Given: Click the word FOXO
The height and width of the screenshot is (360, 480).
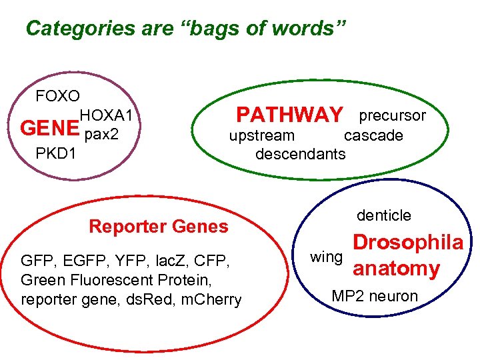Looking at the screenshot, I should pos(57,96).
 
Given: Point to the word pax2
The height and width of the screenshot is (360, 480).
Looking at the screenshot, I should pos(102,135).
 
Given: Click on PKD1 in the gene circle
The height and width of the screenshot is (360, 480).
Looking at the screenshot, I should pos(55,154).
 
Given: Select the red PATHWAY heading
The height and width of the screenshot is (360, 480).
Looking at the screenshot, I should pos(290,115).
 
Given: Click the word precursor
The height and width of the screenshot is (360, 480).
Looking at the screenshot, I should pos(392,115).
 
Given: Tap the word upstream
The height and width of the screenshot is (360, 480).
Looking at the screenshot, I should pos(261,136).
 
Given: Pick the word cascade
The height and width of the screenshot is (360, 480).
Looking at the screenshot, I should pos(373,136).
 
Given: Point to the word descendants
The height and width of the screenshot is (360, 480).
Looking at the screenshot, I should pos(301,154).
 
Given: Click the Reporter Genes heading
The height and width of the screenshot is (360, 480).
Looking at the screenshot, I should pos(158,227).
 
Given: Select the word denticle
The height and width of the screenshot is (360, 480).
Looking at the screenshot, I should pos(384,215).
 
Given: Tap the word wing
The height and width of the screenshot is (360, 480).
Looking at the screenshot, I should pos(326,257).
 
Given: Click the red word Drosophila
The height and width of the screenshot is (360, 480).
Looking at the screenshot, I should pos(407,242).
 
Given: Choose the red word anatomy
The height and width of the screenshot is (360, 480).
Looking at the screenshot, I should pos(396,269).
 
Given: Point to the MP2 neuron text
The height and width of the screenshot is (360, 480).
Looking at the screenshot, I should pos(375,296).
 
